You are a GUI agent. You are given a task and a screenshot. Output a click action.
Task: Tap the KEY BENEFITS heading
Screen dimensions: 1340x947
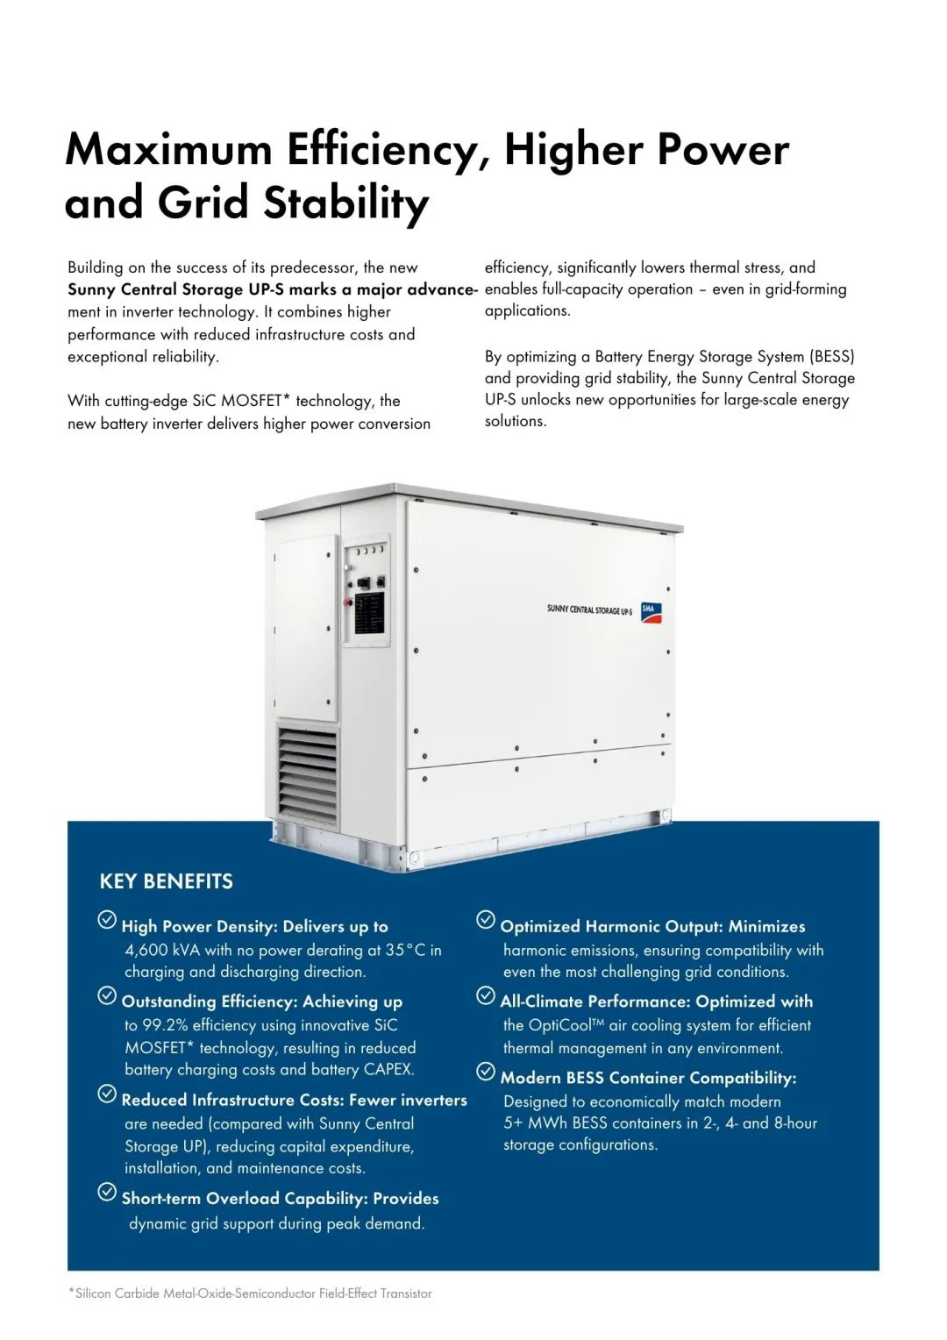(167, 881)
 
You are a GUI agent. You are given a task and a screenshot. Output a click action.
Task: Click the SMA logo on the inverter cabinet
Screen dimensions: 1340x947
(651, 612)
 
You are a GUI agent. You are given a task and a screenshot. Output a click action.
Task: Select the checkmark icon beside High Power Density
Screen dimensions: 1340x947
(107, 919)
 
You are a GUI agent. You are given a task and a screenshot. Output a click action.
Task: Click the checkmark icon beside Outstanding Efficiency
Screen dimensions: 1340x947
(107, 995)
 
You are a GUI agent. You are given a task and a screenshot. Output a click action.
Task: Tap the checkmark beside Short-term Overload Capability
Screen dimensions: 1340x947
(107, 1192)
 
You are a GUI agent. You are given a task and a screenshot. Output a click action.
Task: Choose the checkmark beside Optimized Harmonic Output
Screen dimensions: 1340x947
(486, 919)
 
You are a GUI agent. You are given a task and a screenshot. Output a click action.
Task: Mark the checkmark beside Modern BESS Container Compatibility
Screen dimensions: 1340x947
(486, 1071)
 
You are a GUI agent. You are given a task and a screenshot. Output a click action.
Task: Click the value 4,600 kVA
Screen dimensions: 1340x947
(162, 950)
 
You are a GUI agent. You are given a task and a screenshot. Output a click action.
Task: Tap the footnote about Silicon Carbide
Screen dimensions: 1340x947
(250, 1294)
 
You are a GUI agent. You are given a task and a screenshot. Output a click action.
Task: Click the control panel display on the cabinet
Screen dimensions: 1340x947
(369, 613)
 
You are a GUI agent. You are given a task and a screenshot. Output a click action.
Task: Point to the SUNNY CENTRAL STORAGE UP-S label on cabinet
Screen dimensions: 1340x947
(589, 609)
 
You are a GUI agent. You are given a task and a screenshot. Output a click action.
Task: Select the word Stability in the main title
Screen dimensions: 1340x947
(346, 203)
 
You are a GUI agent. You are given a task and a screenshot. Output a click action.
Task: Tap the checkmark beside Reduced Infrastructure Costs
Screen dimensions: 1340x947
(107, 1094)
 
